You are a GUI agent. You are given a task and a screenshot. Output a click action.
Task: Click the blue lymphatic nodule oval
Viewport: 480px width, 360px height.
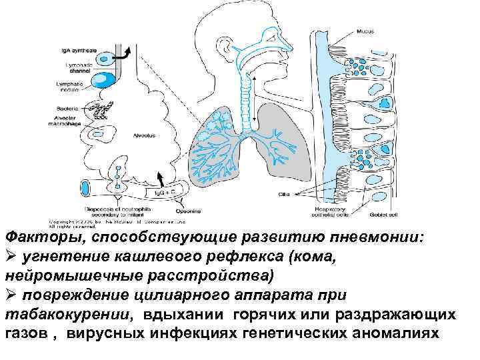[106, 81]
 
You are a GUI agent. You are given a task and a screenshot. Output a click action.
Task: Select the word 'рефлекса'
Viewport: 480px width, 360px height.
[199, 256]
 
